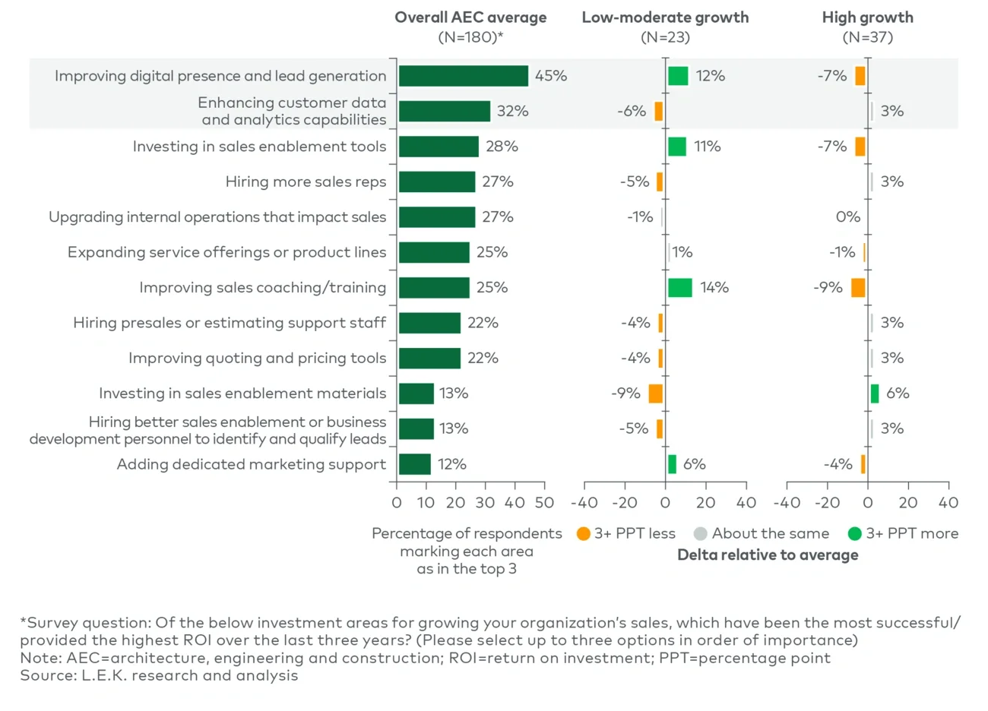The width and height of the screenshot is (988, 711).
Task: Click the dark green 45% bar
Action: click(463, 76)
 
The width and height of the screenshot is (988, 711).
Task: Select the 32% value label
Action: click(512, 111)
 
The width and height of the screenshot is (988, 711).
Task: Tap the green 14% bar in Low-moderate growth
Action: click(679, 288)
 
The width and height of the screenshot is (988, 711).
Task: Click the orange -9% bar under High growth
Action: click(858, 288)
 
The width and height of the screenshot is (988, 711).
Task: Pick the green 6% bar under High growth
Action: click(875, 393)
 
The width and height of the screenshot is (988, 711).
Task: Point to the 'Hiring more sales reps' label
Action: click(306, 182)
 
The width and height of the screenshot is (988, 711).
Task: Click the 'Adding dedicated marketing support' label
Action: click(251, 464)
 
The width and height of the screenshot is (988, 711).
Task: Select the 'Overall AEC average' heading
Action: click(470, 17)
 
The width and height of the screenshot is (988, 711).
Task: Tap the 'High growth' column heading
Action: click(867, 17)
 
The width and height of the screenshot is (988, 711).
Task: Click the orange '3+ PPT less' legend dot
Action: click(584, 534)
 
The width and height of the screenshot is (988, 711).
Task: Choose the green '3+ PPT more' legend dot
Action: click(854, 534)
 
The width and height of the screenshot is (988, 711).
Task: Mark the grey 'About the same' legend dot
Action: click(700, 534)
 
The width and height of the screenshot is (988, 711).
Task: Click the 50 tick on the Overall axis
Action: click(544, 502)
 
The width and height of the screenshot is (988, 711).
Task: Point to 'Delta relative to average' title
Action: click(768, 555)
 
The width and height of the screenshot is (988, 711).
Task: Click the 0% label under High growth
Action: click(847, 217)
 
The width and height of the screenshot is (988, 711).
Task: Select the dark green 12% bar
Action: click(414, 464)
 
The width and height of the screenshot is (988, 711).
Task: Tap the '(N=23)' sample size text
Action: click(665, 37)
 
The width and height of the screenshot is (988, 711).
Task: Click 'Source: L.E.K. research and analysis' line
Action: click(159, 675)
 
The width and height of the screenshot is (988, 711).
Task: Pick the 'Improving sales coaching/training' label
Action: click(262, 288)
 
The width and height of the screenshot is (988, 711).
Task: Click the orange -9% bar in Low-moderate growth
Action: click(655, 393)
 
